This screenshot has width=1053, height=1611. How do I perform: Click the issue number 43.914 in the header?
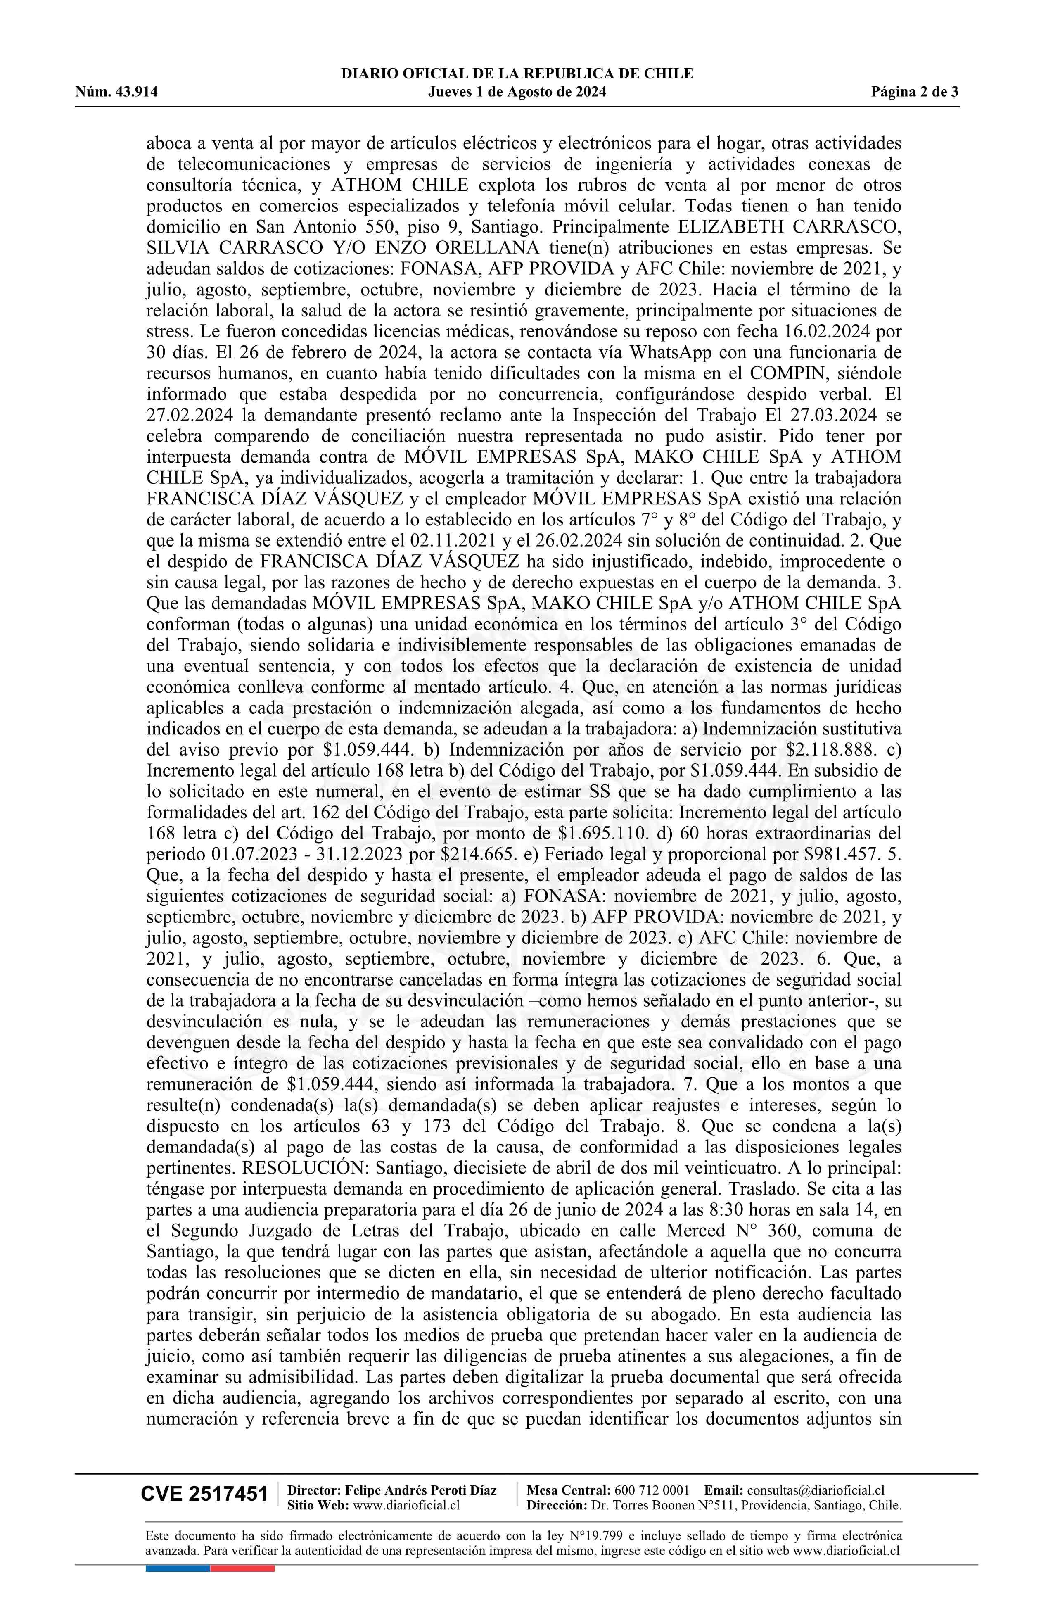[137, 92]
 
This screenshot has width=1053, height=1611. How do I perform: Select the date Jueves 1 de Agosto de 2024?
[517, 92]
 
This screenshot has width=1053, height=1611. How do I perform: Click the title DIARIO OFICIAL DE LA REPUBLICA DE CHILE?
[517, 74]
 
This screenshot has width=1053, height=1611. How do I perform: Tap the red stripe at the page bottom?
[242, 1568]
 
